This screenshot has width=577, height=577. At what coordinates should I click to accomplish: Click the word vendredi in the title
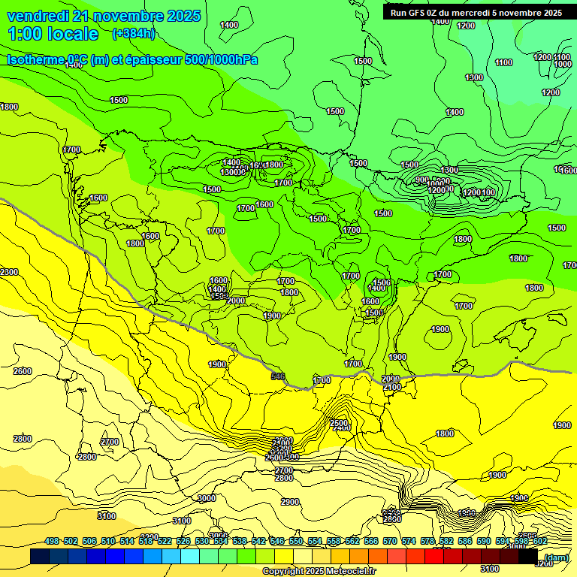37,16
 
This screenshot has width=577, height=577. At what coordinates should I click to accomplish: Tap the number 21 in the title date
83,16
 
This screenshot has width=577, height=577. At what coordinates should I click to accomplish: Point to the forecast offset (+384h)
134,34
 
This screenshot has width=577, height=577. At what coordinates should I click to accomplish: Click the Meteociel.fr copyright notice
319,572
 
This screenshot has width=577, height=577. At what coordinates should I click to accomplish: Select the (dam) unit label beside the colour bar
556,557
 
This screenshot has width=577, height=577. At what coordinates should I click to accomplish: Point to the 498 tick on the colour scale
52,541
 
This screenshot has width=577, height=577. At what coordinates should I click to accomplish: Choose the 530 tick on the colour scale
202,541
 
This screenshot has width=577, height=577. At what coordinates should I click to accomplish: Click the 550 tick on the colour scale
296,541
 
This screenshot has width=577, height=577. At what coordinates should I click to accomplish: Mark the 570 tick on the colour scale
390,541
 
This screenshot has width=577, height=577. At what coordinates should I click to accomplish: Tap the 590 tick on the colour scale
484,541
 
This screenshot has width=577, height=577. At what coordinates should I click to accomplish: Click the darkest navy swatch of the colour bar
40,557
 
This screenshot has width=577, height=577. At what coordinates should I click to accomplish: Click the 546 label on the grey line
278,376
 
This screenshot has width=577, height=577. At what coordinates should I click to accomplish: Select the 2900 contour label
289,502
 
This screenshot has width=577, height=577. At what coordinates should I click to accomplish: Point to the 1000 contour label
562,64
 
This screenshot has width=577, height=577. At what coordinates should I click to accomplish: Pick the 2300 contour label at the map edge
9,272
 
